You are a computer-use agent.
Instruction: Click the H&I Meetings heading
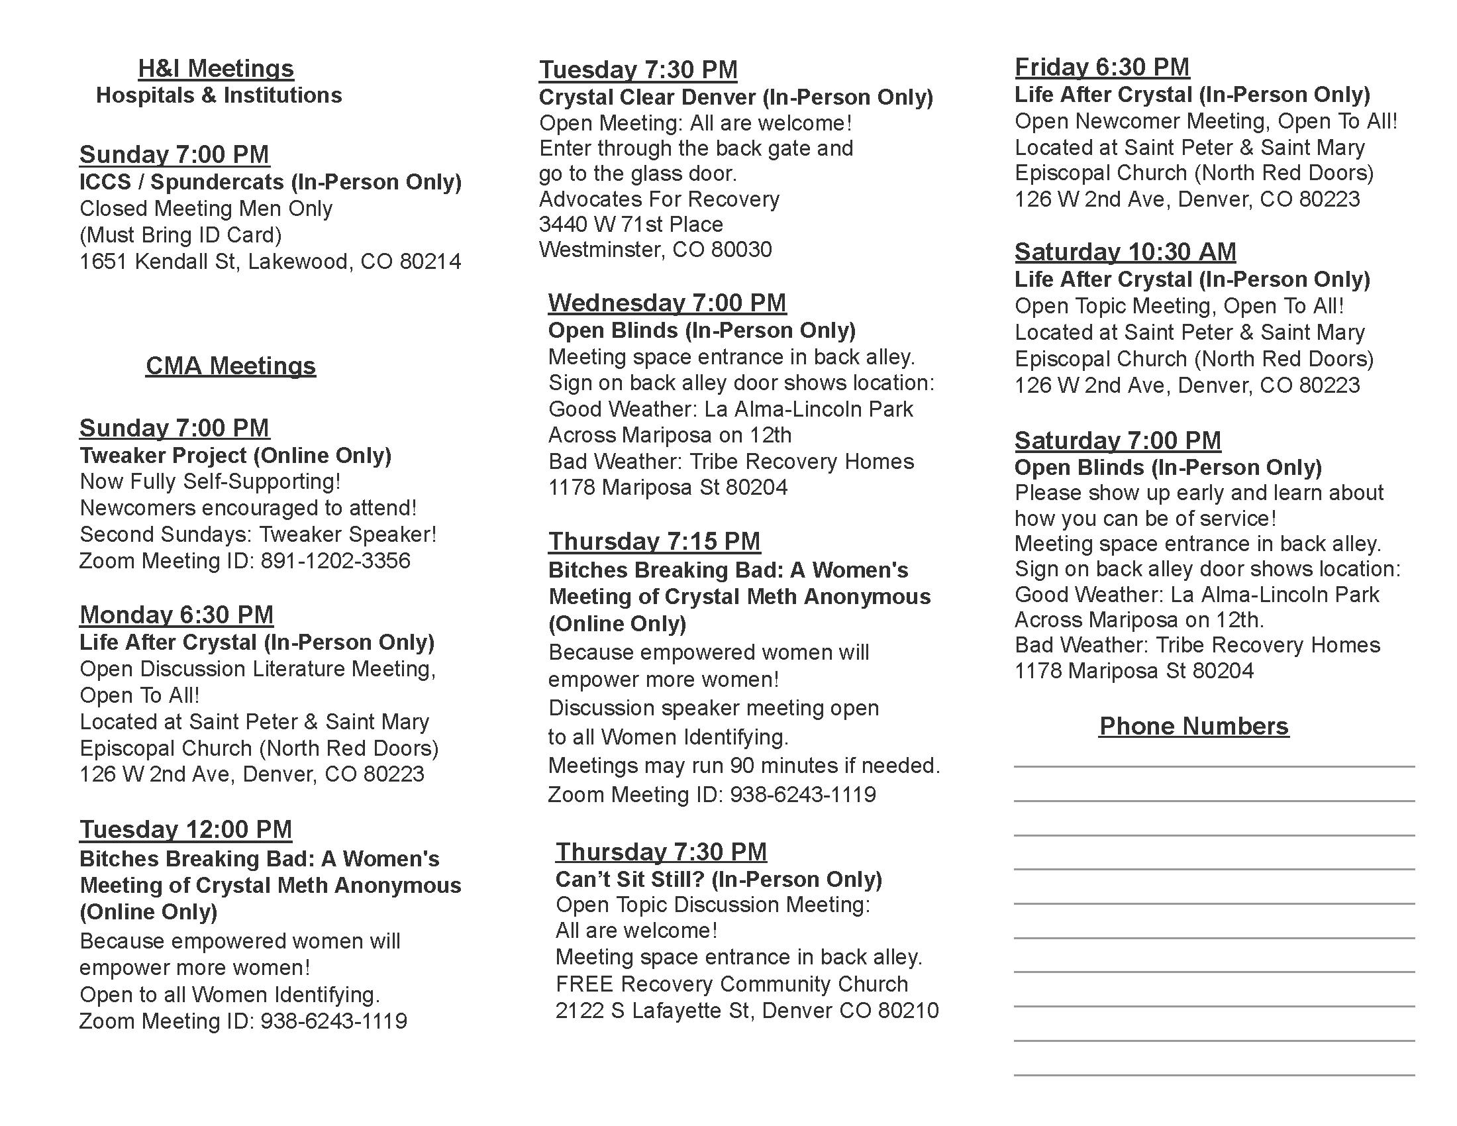click(x=215, y=69)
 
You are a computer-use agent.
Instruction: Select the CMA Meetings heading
click(x=230, y=366)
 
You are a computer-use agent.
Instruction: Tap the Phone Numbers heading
click(x=1193, y=726)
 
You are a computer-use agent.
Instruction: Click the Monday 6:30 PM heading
click(x=176, y=615)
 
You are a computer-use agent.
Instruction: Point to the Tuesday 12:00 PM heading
click(x=185, y=829)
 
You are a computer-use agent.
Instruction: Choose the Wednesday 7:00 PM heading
click(x=667, y=303)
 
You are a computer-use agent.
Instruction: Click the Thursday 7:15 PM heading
click(x=654, y=541)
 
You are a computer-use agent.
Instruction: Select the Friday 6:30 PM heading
click(x=1102, y=67)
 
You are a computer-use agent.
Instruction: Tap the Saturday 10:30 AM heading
click(x=1125, y=252)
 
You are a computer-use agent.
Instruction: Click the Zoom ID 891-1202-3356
click(x=335, y=561)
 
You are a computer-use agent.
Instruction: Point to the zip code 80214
click(x=430, y=262)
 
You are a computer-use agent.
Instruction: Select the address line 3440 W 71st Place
click(x=630, y=224)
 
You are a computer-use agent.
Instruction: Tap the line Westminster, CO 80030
click(x=655, y=250)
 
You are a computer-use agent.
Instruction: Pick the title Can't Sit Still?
click(x=630, y=879)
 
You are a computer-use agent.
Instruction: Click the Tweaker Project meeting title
click(x=163, y=456)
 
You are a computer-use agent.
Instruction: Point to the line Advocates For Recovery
click(x=658, y=199)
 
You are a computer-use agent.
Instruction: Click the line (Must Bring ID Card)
click(x=180, y=235)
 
